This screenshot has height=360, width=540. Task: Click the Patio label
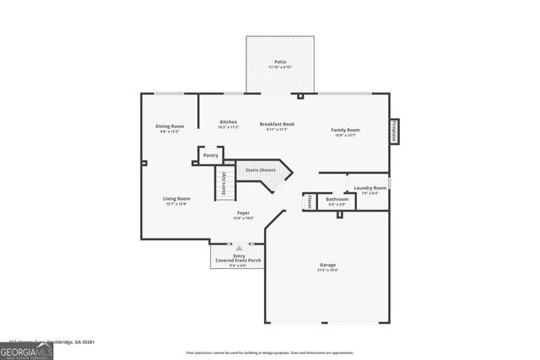click(x=279, y=62)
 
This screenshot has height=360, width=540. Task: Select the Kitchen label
click(x=228, y=122)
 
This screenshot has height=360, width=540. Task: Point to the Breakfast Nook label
click(x=277, y=125)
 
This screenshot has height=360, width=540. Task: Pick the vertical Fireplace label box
click(x=394, y=133)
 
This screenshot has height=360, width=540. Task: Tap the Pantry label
click(x=210, y=155)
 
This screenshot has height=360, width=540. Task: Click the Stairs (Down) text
click(x=261, y=170)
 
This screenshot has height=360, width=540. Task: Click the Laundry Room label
click(x=370, y=188)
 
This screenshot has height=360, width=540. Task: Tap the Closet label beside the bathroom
click(x=310, y=201)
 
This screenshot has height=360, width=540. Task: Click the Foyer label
click(x=243, y=214)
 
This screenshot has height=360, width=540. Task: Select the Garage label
click(x=327, y=265)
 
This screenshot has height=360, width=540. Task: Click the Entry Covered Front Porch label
click(x=238, y=258)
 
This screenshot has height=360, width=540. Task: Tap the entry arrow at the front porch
click(x=239, y=248)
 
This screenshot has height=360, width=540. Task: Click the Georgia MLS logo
click(x=26, y=348)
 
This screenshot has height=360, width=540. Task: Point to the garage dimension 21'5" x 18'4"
click(x=327, y=271)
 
